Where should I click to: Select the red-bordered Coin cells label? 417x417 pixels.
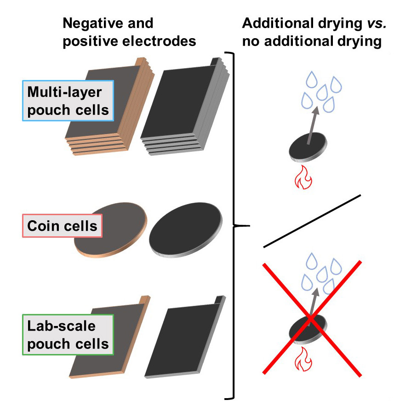tap(62, 226)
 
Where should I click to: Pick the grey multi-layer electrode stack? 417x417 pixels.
tap(184, 108)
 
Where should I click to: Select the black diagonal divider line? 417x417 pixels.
tap(312, 221)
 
